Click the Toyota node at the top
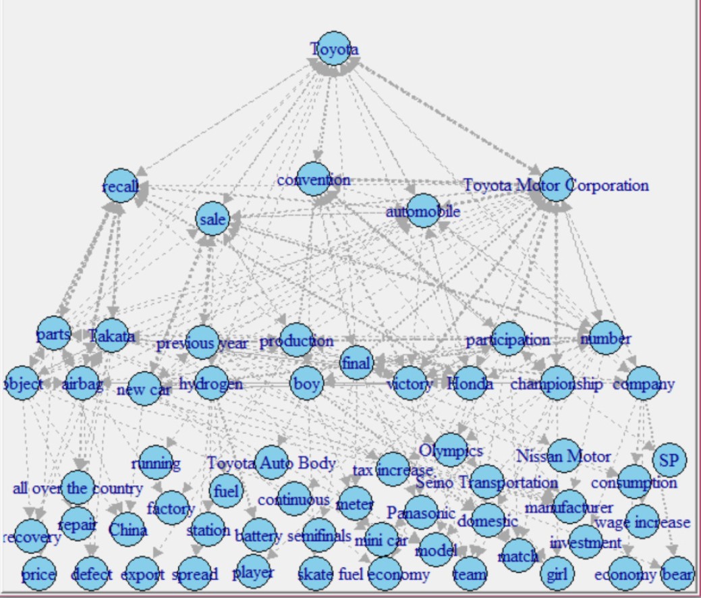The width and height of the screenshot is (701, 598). pyautogui.click(x=334, y=49)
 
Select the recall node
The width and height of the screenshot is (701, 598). pyautogui.click(x=121, y=186)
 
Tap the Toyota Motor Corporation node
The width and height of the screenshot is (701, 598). pyautogui.click(x=556, y=185)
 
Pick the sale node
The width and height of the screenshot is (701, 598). pyautogui.click(x=213, y=219)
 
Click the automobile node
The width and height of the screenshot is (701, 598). pyautogui.click(x=423, y=211)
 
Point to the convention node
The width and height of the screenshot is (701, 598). pyautogui.click(x=314, y=180)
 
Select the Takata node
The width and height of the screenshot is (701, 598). pyautogui.click(x=112, y=335)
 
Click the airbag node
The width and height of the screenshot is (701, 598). pyautogui.click(x=82, y=384)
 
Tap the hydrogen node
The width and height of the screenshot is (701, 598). pyautogui.click(x=211, y=383)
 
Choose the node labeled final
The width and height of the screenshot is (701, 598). pyautogui.click(x=356, y=363)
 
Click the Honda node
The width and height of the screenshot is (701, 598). pyautogui.click(x=470, y=383)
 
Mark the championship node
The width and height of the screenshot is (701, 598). pyautogui.click(x=557, y=383)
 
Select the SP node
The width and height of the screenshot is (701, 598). pyautogui.click(x=669, y=460)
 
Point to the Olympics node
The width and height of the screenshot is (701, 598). pyautogui.click(x=451, y=450)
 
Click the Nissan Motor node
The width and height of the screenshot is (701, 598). pyautogui.click(x=564, y=456)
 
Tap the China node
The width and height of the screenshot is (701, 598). pyautogui.click(x=128, y=529)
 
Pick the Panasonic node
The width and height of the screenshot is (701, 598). pyautogui.click(x=422, y=513)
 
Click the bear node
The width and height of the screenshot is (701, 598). pyautogui.click(x=677, y=574)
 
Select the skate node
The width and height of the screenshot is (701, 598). pyautogui.click(x=315, y=574)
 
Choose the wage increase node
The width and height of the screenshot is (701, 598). pyautogui.click(x=642, y=522)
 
